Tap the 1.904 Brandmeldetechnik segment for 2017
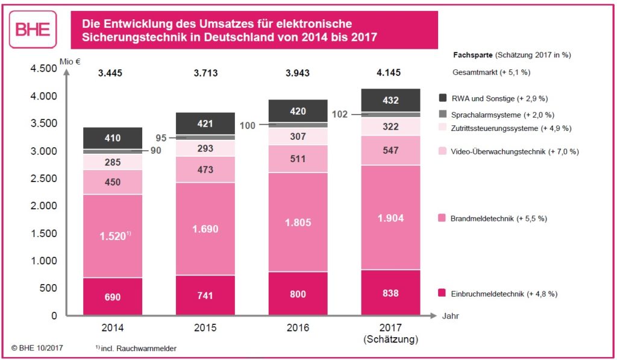pos(391,218)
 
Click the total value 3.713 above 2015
pos(205,74)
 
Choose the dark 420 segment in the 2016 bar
pos(298,111)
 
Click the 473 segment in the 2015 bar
pos(205,169)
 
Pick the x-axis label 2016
pos(298,328)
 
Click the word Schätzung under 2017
pos(391,339)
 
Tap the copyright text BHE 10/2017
pos(37,348)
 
